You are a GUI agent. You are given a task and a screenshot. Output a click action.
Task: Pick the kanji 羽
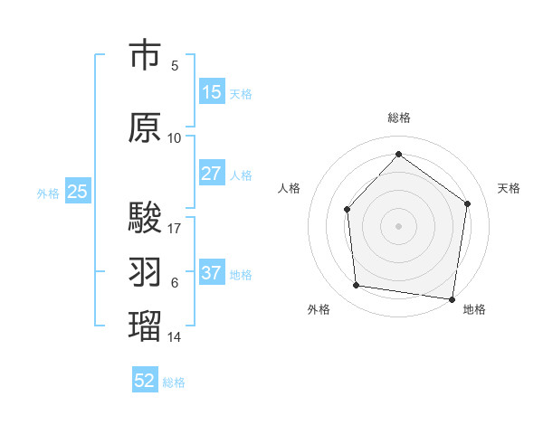[145, 271]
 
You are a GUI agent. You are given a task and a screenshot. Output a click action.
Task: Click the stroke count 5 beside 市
[175, 65]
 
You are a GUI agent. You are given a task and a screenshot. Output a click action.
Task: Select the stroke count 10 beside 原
[175, 137]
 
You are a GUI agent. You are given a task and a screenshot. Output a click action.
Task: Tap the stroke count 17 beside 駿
[175, 228]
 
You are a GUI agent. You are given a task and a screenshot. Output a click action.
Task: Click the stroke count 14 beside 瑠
[175, 336]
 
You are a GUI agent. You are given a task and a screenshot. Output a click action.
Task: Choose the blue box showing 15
[212, 92]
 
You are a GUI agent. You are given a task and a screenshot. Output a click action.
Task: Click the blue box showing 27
[212, 174]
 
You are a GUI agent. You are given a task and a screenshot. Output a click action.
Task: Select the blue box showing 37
[212, 273]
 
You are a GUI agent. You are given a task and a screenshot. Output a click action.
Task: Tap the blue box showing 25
[77, 192]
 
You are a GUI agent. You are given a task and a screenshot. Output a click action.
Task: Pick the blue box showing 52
[145, 381]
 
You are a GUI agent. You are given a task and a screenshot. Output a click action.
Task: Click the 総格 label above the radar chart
[398, 118]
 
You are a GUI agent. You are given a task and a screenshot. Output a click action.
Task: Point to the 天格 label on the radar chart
[509, 188]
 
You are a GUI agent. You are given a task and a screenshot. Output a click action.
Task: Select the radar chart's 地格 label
[474, 309]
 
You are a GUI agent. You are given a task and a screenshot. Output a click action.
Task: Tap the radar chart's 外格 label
[319, 309]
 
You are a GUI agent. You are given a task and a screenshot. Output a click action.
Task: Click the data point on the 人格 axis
[348, 210]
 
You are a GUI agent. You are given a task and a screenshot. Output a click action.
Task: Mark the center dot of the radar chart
[398, 225]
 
